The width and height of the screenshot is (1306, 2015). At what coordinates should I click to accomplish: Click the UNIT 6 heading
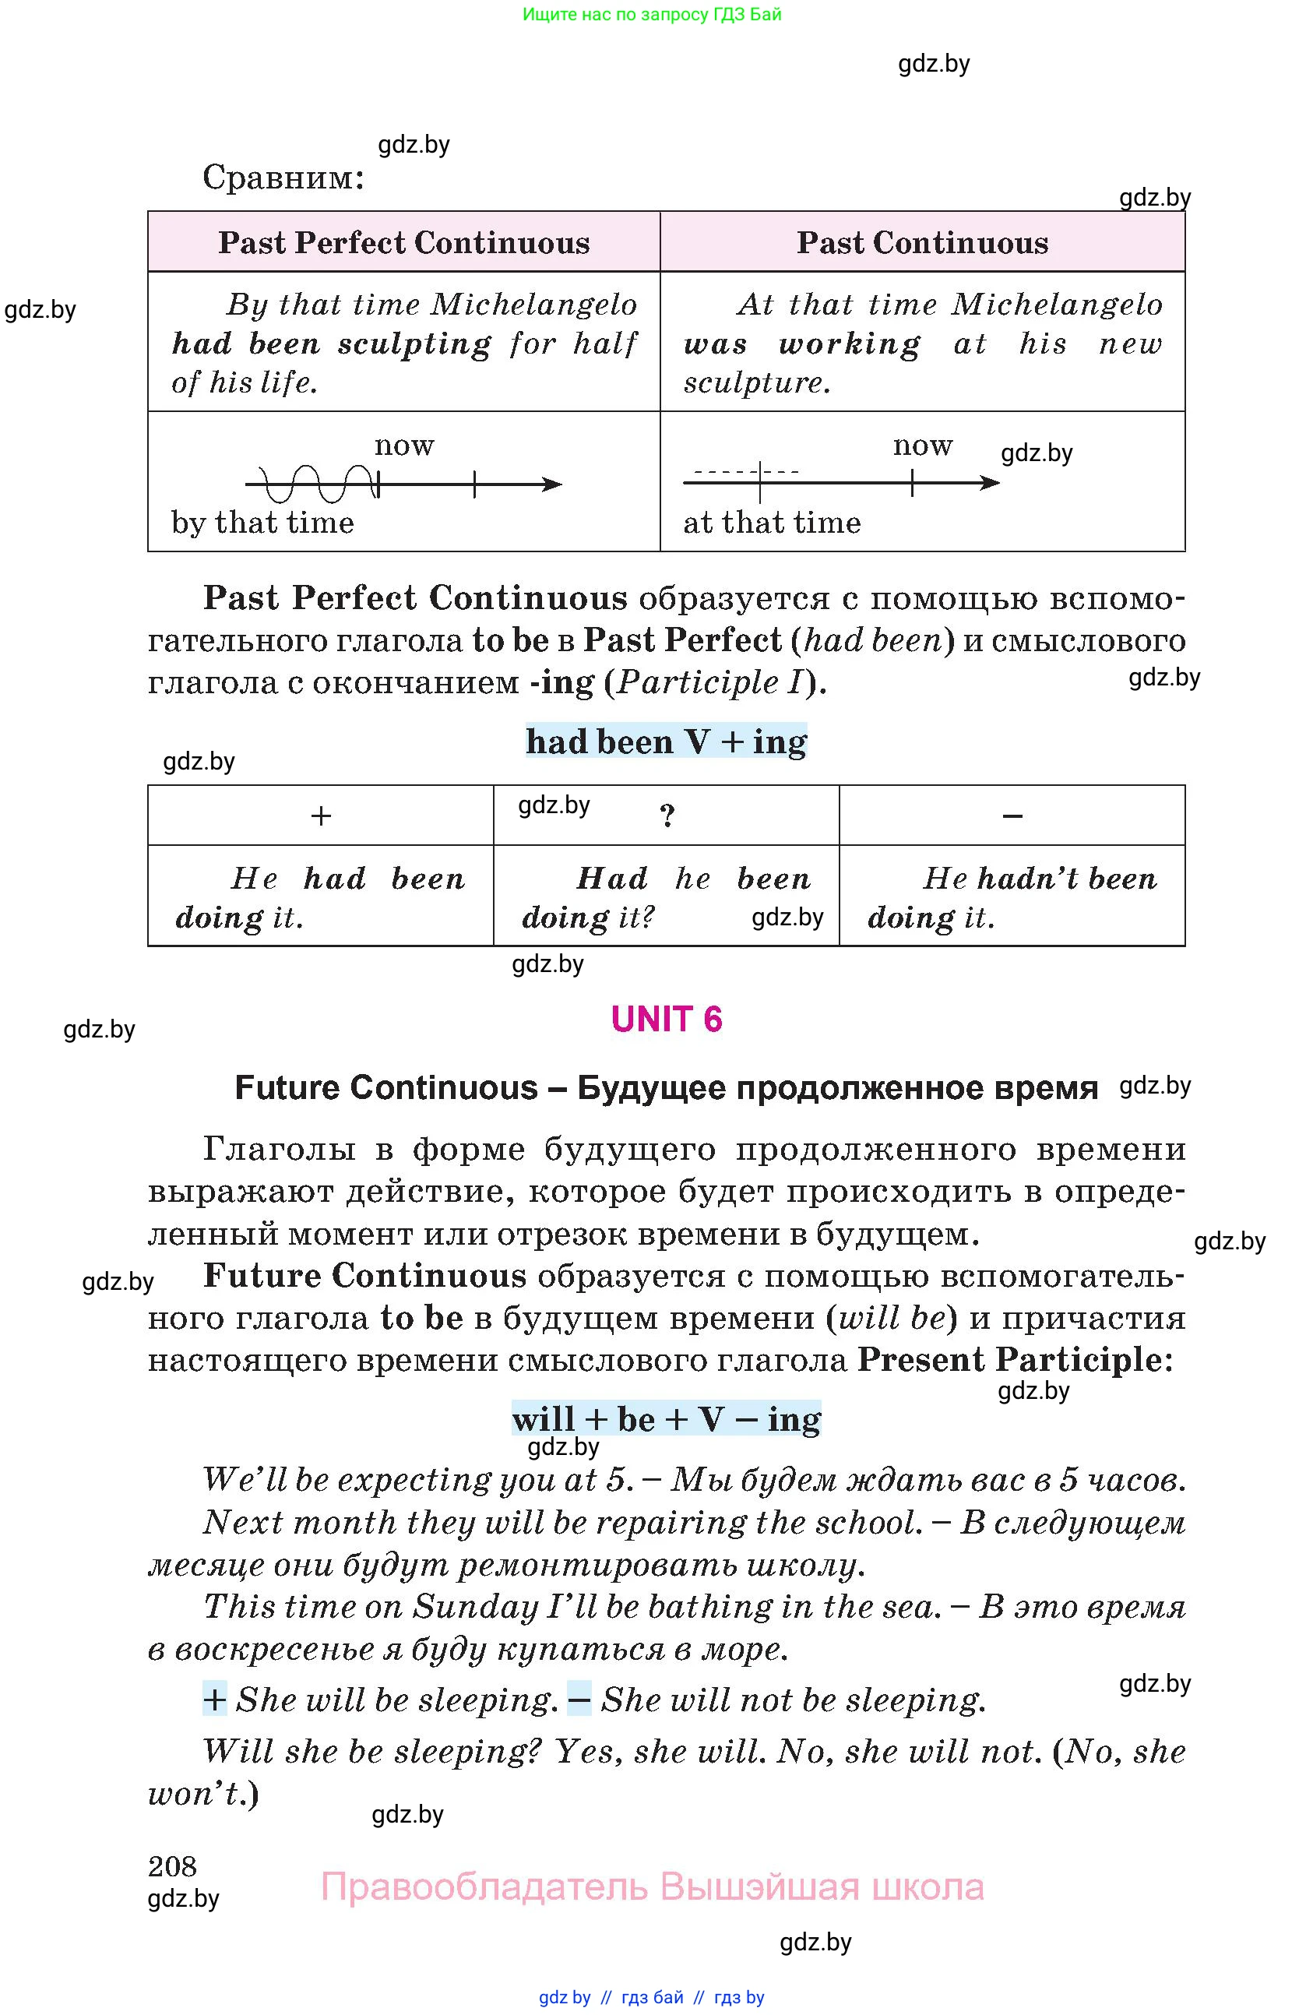click(x=666, y=1020)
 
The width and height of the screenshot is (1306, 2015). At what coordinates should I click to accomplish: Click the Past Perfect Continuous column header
click(x=403, y=243)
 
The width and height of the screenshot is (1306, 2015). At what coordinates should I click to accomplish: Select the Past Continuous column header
click(x=922, y=243)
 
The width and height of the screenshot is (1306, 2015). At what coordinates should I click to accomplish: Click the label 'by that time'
click(x=262, y=523)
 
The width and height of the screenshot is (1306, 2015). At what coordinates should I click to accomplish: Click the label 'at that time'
click(x=772, y=523)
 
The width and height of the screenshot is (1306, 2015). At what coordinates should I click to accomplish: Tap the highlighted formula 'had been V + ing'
click(x=666, y=742)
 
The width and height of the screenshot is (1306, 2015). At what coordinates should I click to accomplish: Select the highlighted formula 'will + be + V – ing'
click(x=666, y=1419)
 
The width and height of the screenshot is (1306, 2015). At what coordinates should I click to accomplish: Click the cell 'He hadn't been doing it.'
click(x=1012, y=897)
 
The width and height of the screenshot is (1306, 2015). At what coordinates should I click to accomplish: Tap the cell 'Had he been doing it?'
click(x=666, y=897)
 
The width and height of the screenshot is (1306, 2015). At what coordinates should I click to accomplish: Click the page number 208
click(x=172, y=1866)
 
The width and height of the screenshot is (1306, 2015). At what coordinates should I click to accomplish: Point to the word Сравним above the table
click(x=283, y=178)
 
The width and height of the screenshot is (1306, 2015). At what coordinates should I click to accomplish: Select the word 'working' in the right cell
click(x=850, y=343)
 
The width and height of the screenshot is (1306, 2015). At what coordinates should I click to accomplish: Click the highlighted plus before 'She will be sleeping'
click(x=214, y=1700)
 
